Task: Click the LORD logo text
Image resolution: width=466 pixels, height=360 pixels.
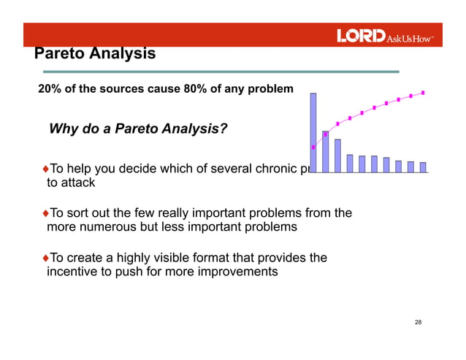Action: point(361,36)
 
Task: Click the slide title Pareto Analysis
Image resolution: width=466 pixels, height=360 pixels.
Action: point(95,54)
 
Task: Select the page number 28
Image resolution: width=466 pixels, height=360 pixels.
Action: point(418,322)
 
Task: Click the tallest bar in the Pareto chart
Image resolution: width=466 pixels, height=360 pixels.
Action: point(313,132)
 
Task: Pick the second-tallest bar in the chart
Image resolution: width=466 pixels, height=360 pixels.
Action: point(326,151)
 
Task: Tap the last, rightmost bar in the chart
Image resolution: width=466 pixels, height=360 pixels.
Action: point(423,167)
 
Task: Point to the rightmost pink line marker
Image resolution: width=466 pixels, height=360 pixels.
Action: point(423,93)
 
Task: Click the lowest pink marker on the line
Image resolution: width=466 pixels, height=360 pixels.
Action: point(313,148)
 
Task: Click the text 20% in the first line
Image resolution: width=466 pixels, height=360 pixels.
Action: point(50,90)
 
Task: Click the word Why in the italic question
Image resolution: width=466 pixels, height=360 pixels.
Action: point(62,129)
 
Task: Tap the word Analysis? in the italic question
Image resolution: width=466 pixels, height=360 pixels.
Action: point(192,129)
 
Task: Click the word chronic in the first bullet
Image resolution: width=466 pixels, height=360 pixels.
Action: point(268,169)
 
